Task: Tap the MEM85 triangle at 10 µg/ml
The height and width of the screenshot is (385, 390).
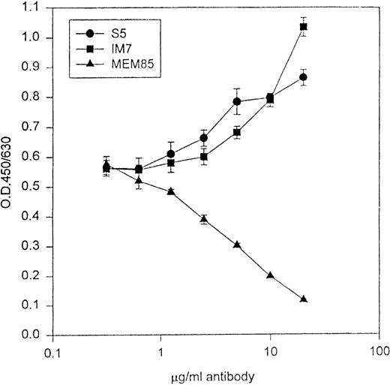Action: (x=270, y=275)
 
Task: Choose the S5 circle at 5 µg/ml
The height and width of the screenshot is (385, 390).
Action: (x=237, y=101)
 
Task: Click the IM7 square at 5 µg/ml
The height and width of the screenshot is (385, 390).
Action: (x=237, y=132)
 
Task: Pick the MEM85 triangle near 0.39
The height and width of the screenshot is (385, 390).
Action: (x=204, y=219)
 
